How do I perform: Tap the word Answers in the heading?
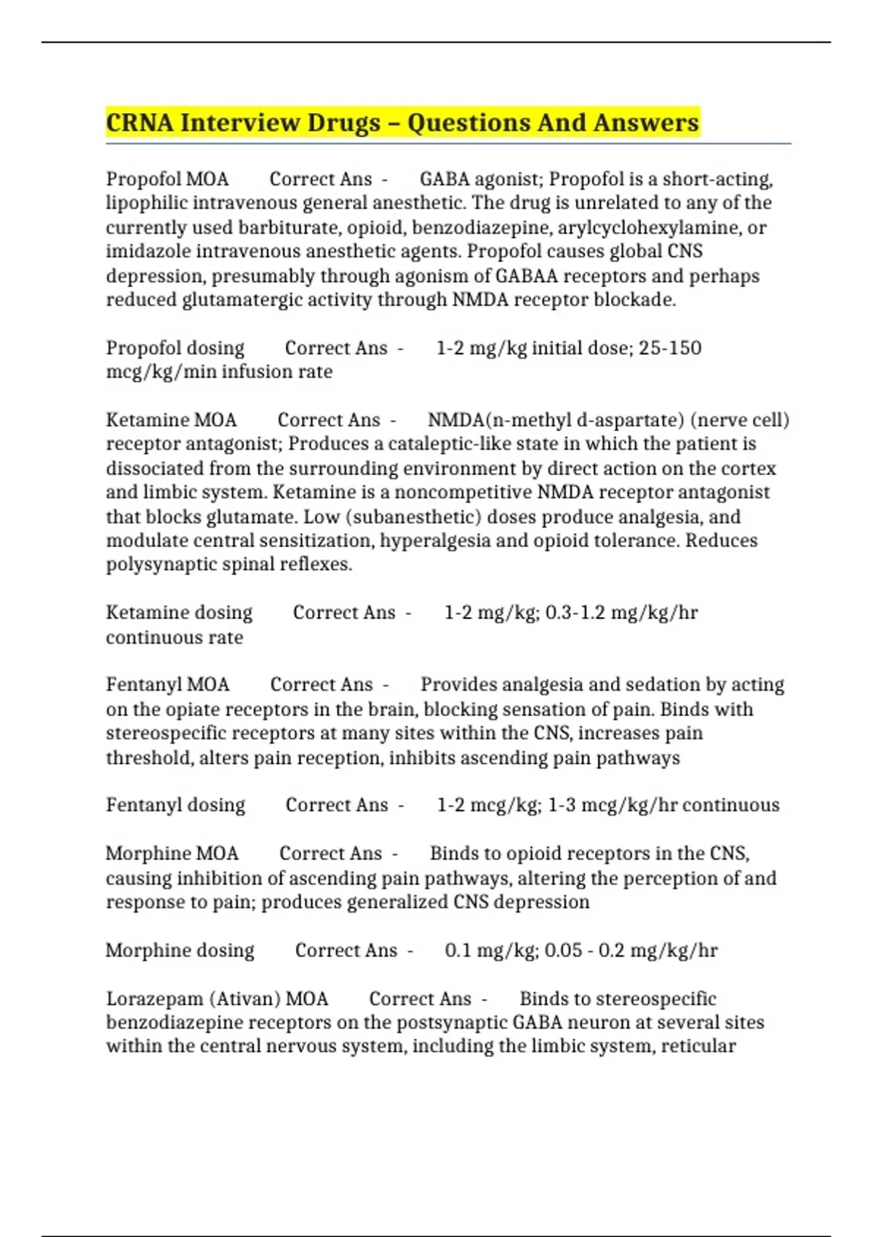[646, 122]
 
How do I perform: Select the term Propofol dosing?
[175, 348]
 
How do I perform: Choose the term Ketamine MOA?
[172, 420]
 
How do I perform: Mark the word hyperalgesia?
[437, 541]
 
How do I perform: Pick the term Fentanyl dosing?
[175, 805]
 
